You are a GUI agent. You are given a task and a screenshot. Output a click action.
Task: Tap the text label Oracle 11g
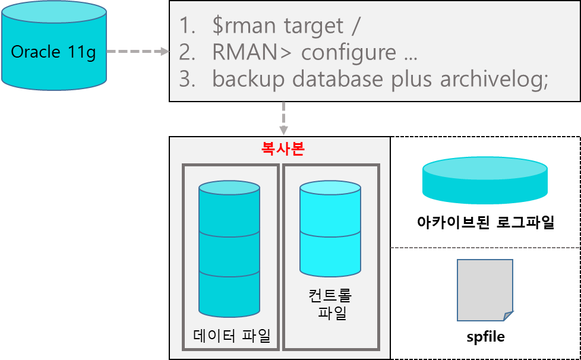pyautogui.click(x=53, y=52)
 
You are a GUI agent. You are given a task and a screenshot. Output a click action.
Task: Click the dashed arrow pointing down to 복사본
pyautogui.click(x=283, y=118)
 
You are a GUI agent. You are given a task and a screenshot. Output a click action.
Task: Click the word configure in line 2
pyautogui.click(x=349, y=52)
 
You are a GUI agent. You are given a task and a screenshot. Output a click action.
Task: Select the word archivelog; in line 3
pyautogui.click(x=494, y=80)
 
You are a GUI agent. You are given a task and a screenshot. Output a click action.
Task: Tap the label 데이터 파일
pyautogui.click(x=232, y=336)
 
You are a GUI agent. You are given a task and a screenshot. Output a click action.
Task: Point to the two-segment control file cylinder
pyautogui.click(x=330, y=229)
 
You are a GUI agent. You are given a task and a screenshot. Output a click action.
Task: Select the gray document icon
pyautogui.click(x=484, y=289)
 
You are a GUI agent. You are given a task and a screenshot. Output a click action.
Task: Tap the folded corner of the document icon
pyautogui.click(x=508, y=315)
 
